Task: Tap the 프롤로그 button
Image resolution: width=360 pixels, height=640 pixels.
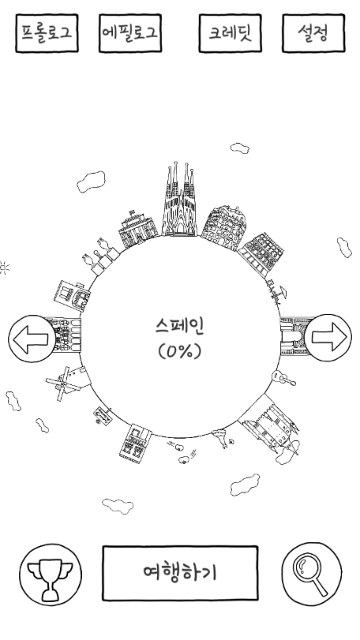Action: [x=47, y=34]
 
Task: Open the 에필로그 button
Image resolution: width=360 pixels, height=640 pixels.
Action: [x=131, y=33]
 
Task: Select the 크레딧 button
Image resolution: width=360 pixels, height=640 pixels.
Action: [x=230, y=33]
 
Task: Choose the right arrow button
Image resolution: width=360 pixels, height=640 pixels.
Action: [x=328, y=339]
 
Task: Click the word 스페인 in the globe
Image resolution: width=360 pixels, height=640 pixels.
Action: [x=180, y=326]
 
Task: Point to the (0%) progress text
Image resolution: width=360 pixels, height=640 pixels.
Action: [x=180, y=351]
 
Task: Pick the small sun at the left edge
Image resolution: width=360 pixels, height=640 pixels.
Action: [x=5, y=268]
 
